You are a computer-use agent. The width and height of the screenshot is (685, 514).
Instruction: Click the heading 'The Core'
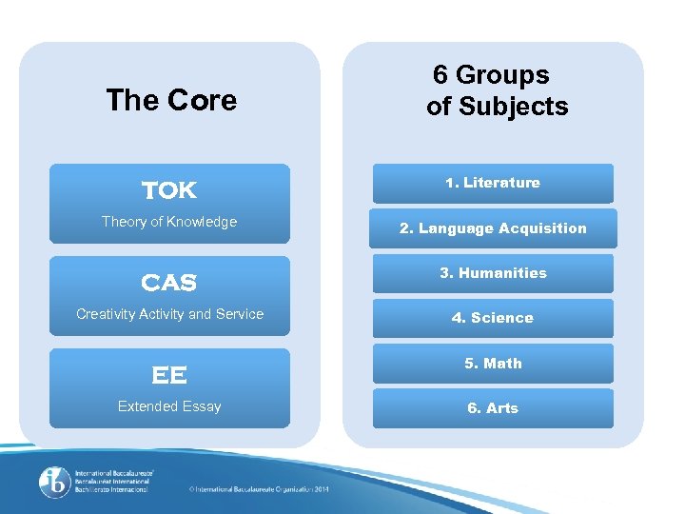[171, 100]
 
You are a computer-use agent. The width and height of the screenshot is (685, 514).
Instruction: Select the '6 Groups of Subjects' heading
[497, 90]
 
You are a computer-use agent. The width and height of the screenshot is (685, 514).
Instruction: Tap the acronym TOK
[169, 190]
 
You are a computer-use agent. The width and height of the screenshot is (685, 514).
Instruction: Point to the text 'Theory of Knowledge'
[169, 222]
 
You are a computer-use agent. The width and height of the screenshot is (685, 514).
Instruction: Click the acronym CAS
[169, 283]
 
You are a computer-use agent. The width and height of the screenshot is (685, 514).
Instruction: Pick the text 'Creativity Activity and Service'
[169, 314]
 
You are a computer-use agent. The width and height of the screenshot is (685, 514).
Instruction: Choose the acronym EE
[169, 375]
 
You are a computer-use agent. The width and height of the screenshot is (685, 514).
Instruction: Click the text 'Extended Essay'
[169, 406]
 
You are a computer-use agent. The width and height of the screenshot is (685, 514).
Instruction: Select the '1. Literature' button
[493, 183]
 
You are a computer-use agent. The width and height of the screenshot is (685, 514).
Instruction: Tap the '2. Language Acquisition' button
[493, 228]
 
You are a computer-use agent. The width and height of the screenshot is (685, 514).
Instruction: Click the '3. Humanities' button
[493, 273]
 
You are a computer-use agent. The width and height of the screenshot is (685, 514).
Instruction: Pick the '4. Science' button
[493, 318]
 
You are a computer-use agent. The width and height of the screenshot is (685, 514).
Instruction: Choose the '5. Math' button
[493, 364]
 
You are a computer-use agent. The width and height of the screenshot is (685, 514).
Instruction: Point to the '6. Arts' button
[493, 408]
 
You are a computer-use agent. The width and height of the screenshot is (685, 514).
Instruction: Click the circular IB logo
[54, 482]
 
